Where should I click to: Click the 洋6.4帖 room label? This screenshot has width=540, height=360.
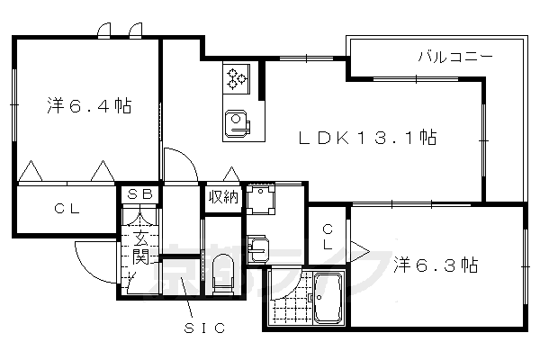pos(89,106)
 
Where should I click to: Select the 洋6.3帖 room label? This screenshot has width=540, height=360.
pos(436,265)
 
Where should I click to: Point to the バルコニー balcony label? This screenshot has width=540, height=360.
pos(454,57)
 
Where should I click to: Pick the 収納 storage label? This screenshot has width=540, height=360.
pos(223,197)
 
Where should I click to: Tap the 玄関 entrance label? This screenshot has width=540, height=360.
pos(140,248)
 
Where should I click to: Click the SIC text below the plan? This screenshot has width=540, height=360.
pos(199,329)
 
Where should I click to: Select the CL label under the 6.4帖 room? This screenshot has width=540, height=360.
pos(66,210)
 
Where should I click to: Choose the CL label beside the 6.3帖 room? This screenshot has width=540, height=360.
pos(328,237)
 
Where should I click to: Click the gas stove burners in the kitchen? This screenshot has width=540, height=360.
pos(237,78)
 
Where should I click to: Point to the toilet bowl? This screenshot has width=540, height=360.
pos(224,270)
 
